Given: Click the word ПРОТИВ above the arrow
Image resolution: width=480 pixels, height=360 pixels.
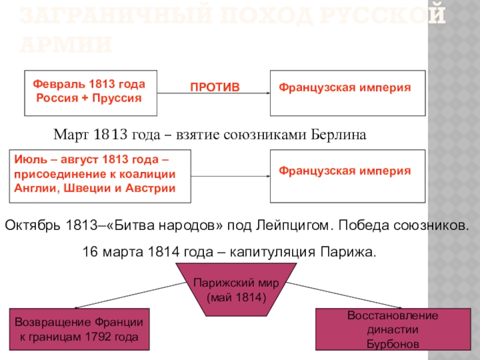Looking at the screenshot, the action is click(x=215, y=88).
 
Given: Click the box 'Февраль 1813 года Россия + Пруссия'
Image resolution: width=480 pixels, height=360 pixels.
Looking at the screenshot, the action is click(x=91, y=92).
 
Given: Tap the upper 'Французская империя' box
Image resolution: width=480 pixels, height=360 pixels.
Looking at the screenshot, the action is click(x=348, y=92).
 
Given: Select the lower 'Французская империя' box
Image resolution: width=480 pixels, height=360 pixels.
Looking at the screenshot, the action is click(x=348, y=176).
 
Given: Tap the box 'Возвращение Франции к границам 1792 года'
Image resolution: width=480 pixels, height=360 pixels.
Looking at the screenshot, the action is click(x=79, y=329).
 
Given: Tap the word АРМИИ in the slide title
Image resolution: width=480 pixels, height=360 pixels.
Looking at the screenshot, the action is click(x=66, y=44).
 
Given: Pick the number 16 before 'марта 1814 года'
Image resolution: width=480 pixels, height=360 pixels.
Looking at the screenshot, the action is click(x=88, y=252).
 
